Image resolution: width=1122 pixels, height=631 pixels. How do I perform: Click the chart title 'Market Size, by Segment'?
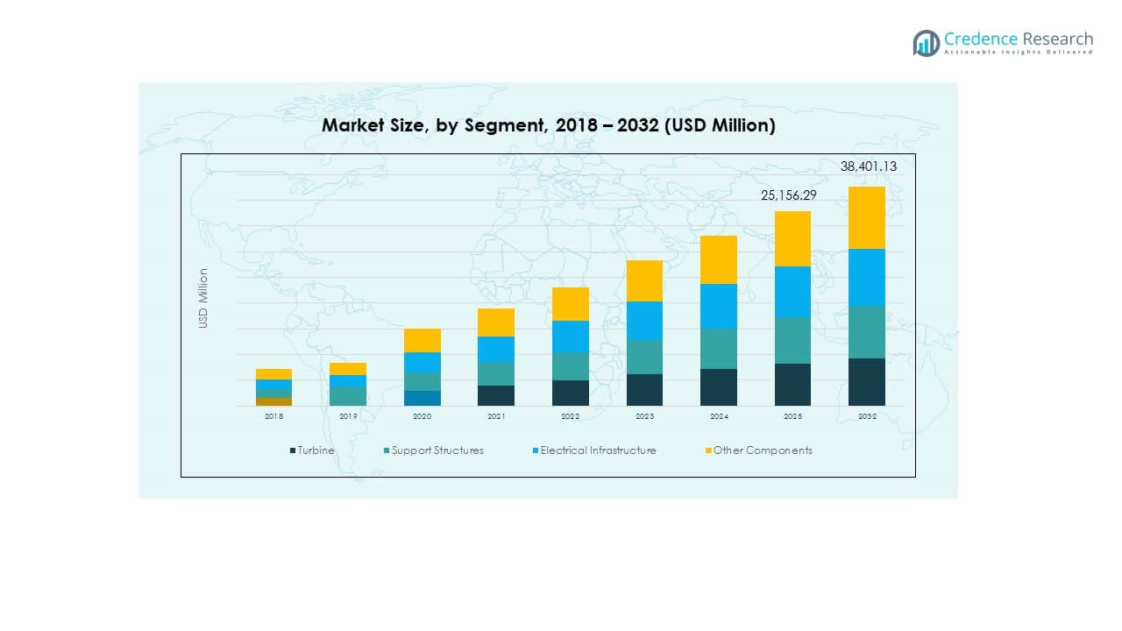pos(548,125)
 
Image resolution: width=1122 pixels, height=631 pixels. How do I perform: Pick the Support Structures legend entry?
pos(434,450)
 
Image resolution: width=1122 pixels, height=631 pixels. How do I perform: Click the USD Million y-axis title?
pos(203,298)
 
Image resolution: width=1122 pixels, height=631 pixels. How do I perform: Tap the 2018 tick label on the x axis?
pos(273,416)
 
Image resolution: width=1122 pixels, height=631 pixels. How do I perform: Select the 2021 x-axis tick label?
pos(496,416)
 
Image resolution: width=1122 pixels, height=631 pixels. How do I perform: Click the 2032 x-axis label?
pos(867,416)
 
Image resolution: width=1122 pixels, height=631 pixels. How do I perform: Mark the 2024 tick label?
pos(718,416)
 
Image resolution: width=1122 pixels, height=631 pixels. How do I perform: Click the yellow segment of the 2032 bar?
pos(867,217)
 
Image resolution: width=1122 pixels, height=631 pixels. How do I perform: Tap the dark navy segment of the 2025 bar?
pos(792,384)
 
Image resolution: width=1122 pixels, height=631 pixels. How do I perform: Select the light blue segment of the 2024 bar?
pos(718,306)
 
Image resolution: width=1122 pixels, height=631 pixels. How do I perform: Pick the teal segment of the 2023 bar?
pos(644,357)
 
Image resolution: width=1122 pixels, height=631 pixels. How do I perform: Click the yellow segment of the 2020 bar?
pos(423,340)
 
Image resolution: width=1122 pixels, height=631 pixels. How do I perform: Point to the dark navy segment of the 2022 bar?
pos(571,393)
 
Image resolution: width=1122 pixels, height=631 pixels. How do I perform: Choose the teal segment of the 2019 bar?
pos(348,395)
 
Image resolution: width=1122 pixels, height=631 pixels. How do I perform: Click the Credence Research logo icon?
pos(926,43)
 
